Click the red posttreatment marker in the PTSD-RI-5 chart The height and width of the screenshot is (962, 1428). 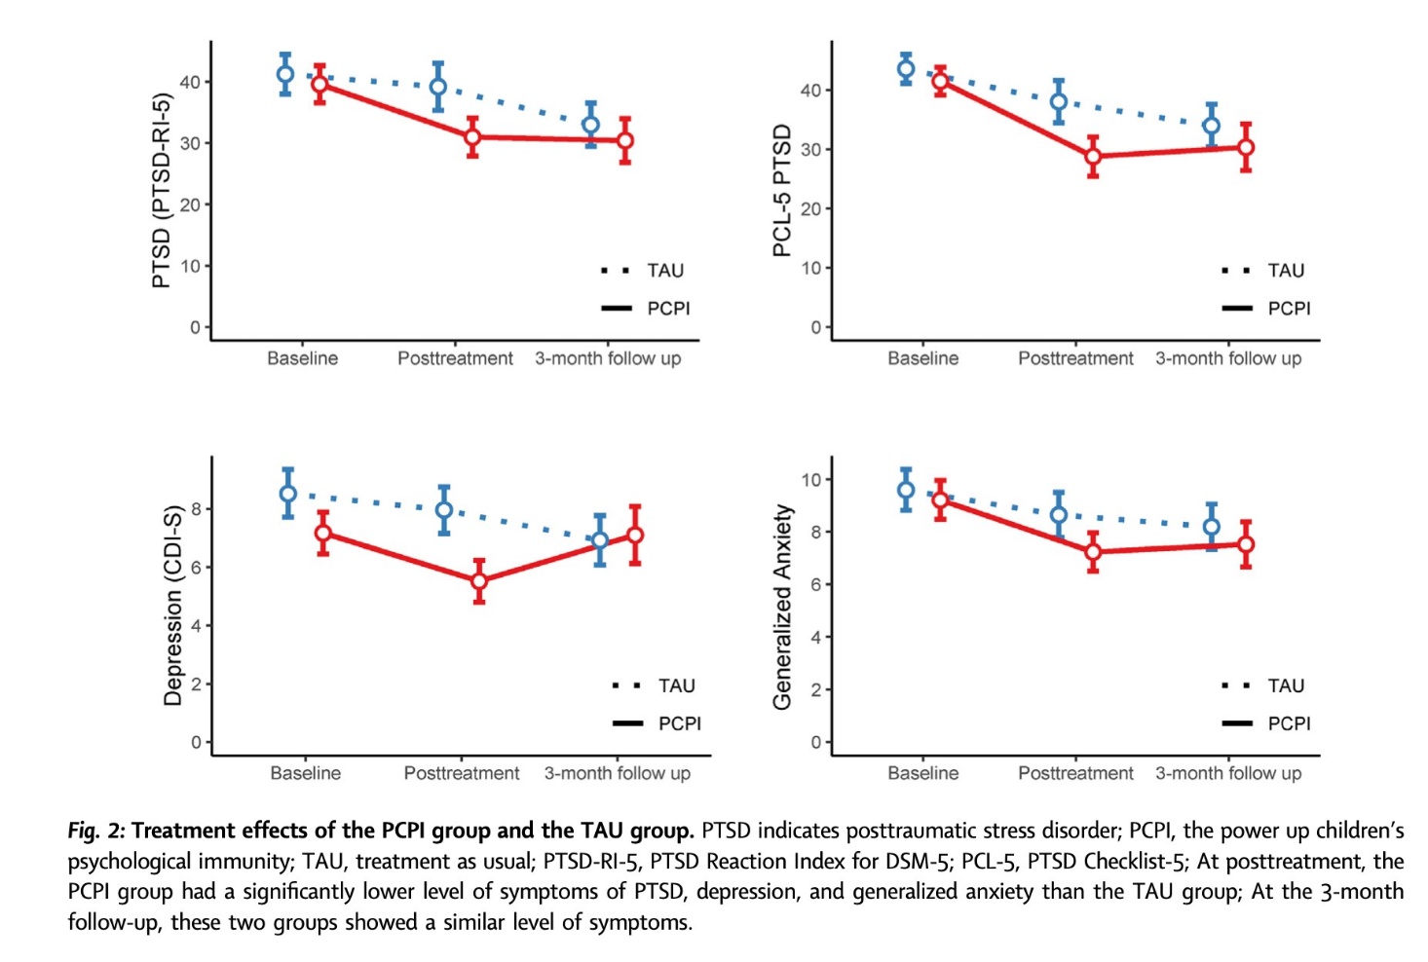pyautogui.click(x=472, y=137)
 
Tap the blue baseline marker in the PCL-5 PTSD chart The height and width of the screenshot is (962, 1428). pyautogui.click(x=906, y=68)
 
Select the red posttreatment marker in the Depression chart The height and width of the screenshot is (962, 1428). pyautogui.click(x=479, y=581)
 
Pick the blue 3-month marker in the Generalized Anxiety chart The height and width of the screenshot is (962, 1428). pyautogui.click(x=1211, y=527)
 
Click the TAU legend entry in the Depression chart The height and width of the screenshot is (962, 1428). pyautogui.click(x=676, y=685)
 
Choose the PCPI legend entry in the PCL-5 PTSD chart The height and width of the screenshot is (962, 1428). pyautogui.click(x=1288, y=309)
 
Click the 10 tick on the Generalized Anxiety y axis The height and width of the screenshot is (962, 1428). pyautogui.click(x=810, y=480)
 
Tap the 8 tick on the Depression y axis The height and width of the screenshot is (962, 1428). pyautogui.click(x=196, y=509)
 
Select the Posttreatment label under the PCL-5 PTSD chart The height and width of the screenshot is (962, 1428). pyautogui.click(x=1075, y=358)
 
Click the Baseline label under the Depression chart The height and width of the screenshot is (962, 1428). pyautogui.click(x=305, y=773)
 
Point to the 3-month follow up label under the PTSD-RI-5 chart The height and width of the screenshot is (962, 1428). pyautogui.click(x=607, y=358)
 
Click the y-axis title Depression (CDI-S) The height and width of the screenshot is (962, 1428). pyautogui.click(x=172, y=605)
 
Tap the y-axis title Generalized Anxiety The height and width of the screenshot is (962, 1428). pyautogui.click(x=782, y=607)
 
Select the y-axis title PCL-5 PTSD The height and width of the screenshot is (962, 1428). pyautogui.click(x=781, y=191)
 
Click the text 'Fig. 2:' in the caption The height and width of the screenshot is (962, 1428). pyautogui.click(x=95, y=831)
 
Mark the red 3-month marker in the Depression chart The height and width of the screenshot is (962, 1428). pyautogui.click(x=635, y=535)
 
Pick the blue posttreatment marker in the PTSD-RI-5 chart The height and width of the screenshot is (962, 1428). pyautogui.click(x=438, y=87)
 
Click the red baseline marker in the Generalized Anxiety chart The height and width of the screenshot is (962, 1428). pyautogui.click(x=940, y=499)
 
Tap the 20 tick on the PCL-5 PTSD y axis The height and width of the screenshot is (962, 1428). pyautogui.click(x=810, y=209)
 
